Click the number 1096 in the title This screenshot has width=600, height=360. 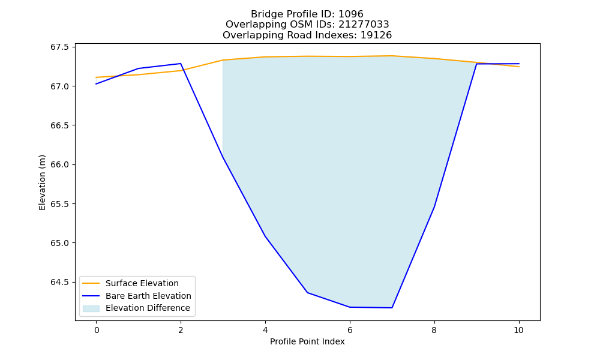coord(350,14)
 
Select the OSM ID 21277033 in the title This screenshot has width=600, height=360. coord(364,25)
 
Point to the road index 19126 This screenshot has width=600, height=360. coord(376,35)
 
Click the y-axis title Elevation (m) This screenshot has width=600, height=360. coord(42,182)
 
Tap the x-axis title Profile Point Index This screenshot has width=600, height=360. coord(307,341)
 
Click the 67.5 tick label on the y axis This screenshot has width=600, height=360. coord(59,47)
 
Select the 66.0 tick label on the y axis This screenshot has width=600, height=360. coord(59,164)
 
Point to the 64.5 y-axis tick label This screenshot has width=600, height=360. coord(59,283)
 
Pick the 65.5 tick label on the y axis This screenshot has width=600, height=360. coord(59,204)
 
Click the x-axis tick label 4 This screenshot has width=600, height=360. coord(265,330)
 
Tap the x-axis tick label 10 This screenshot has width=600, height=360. coord(518,330)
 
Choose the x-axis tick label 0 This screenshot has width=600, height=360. coord(97,330)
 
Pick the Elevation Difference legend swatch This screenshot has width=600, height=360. coord(91,308)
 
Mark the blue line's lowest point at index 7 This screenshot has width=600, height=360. coord(392,308)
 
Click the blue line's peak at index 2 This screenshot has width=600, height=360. coord(181,64)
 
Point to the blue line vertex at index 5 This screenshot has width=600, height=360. coord(307,293)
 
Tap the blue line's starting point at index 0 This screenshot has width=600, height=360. coord(96,84)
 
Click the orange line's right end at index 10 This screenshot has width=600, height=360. coord(519,67)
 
